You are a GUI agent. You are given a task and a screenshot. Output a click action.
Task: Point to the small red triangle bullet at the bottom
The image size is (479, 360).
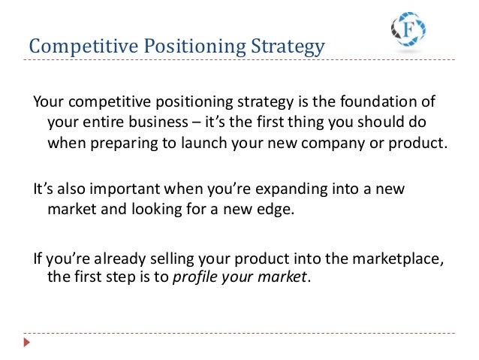click(x=26, y=342)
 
